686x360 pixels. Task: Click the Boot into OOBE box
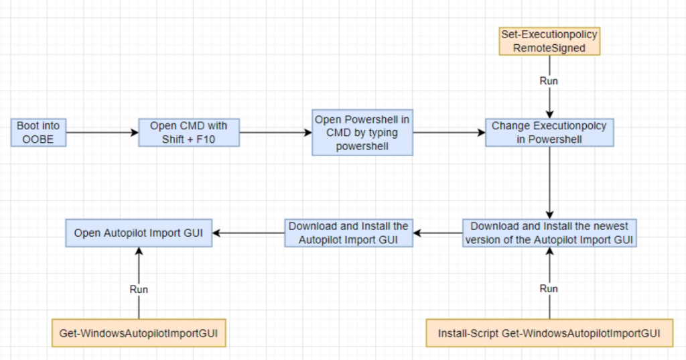(x=38, y=132)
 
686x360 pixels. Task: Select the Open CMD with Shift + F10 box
(x=189, y=132)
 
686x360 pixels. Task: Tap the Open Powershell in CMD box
(x=362, y=133)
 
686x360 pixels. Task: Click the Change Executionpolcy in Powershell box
(x=549, y=132)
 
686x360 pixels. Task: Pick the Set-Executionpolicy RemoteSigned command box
(x=549, y=41)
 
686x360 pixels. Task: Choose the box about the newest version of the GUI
(x=549, y=233)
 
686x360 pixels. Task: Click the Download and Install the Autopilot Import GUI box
(x=348, y=233)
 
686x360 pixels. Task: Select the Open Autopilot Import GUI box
(x=139, y=233)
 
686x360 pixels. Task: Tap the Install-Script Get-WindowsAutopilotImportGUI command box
(x=549, y=333)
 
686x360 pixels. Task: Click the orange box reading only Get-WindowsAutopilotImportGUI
(x=139, y=333)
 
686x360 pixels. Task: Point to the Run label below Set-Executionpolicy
(x=549, y=81)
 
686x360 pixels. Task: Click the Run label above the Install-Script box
(x=549, y=289)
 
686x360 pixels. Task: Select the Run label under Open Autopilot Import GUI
(x=139, y=290)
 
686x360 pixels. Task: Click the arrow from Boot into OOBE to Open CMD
(x=102, y=132)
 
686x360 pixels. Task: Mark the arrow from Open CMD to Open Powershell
(x=275, y=132)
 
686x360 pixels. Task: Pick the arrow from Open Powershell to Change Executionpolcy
(x=449, y=132)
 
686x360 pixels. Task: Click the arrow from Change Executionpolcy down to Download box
(x=549, y=182)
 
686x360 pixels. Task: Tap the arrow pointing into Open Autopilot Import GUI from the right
(x=249, y=233)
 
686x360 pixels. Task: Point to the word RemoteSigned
(x=549, y=48)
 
